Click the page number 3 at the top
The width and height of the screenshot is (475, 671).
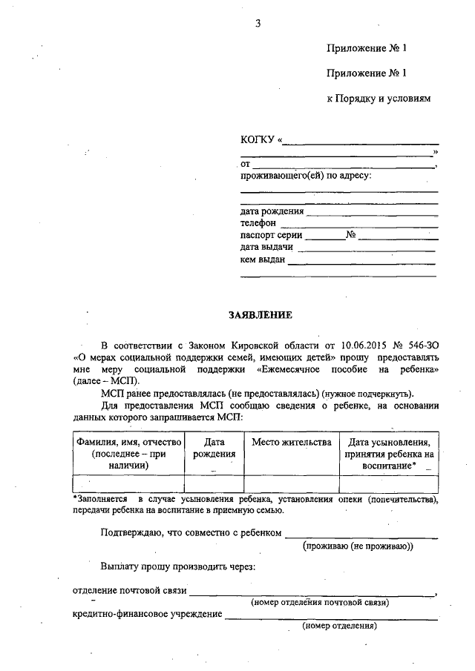tap(258, 23)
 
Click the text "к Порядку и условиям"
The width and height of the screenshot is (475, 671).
tap(379, 98)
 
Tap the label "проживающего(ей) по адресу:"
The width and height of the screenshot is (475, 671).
tap(305, 176)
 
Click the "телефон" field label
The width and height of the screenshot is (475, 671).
tap(258, 222)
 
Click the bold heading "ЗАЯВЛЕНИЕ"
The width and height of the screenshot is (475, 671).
tap(260, 314)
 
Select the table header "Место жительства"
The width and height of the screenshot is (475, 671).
tap(291, 443)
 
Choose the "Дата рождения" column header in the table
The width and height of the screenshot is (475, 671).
tap(214, 449)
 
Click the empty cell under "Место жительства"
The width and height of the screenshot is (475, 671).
tap(291, 483)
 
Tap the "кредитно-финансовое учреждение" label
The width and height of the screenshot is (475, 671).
tap(147, 614)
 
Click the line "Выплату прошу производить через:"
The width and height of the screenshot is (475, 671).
tap(178, 566)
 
